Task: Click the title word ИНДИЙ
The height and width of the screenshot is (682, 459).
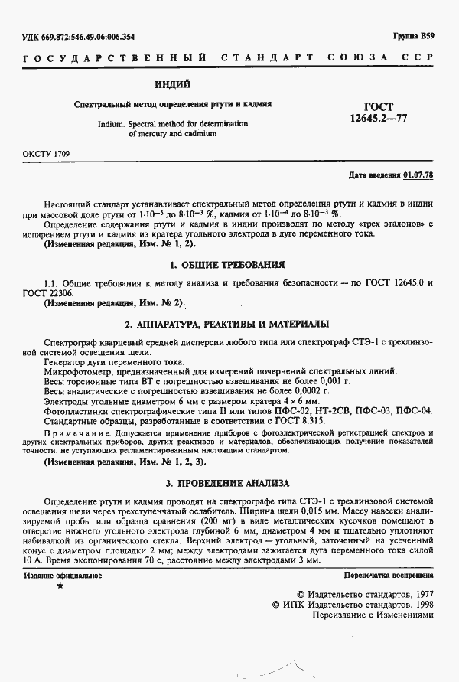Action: [177, 83]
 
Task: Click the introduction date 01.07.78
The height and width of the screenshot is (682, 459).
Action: [418, 175]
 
